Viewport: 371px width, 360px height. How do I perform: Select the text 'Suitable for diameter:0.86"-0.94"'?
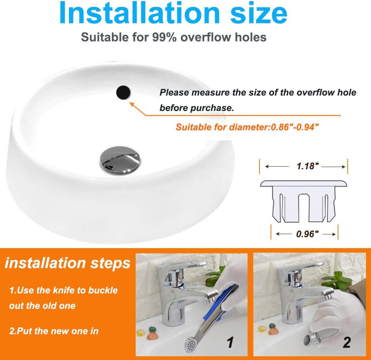[x=247, y=127]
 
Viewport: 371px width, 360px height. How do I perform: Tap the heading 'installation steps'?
[x=68, y=263]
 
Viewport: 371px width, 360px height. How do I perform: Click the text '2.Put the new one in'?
[x=54, y=330]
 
